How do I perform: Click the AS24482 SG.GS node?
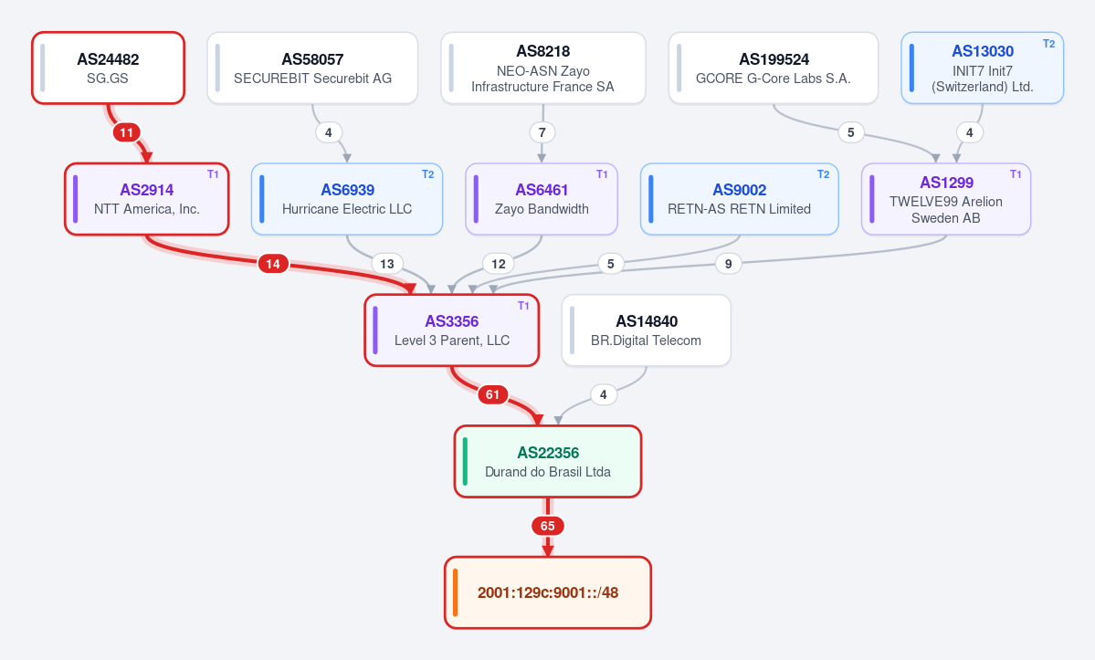pos(109,68)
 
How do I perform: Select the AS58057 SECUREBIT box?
pos(312,68)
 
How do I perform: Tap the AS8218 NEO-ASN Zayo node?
pos(543,68)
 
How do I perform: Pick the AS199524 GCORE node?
pos(773,68)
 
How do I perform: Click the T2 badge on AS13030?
pos(1048,44)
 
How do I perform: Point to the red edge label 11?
pos(126,132)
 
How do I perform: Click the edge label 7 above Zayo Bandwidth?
pos(542,132)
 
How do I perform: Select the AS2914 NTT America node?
pos(147,199)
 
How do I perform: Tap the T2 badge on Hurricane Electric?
pos(427,174)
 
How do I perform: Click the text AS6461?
pos(542,190)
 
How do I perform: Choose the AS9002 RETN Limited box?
pos(739,199)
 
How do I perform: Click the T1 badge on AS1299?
pos(1016,174)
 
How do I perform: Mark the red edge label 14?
pos(273,264)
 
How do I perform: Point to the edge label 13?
pos(387,264)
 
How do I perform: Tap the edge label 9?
pos(729,264)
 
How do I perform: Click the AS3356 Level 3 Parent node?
pos(452,330)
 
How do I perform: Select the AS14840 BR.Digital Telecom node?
pos(646,330)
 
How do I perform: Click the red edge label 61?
pos(493,395)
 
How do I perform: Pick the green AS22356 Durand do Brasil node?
pos(548,461)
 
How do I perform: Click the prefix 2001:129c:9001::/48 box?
pos(548,592)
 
